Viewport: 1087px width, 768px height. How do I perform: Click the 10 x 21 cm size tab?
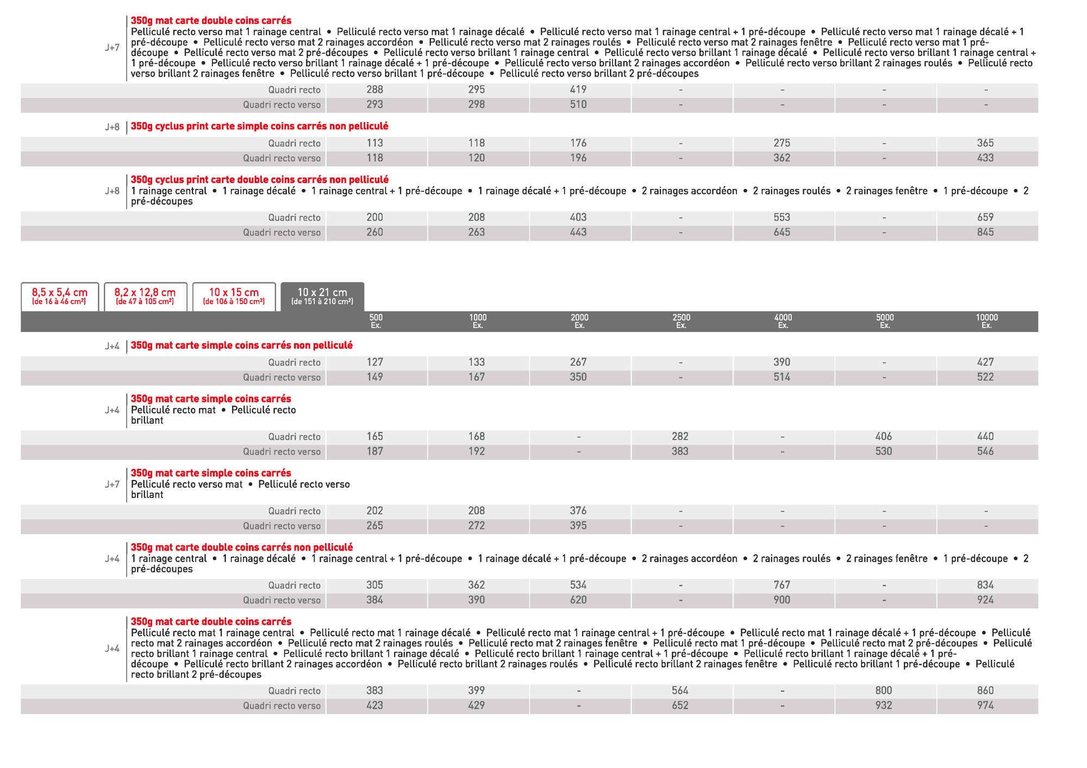pos(322,296)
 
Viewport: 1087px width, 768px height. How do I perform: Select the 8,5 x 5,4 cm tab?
pos(60,296)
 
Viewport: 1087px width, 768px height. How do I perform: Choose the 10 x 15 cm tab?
pos(234,296)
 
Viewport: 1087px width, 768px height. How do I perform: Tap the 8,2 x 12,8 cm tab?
pos(145,296)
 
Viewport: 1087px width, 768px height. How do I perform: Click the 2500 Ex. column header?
pos(681,321)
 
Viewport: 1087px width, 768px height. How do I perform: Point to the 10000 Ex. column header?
pos(986,321)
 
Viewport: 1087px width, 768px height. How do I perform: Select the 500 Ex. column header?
pos(376,321)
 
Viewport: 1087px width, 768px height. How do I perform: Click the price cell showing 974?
pos(985,706)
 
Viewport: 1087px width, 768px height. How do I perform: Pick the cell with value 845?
pos(985,232)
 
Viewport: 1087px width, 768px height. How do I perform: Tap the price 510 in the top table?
pos(578,104)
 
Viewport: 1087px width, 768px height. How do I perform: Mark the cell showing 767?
pos(782,585)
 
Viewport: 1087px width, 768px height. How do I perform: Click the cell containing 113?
pos(374,143)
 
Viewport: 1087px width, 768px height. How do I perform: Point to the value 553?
pos(782,217)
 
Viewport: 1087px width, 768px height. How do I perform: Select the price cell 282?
pos(680,437)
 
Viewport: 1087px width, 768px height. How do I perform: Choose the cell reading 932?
pos(884,706)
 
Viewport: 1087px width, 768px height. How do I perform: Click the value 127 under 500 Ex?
pos(374,362)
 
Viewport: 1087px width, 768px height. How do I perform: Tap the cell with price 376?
pos(578,511)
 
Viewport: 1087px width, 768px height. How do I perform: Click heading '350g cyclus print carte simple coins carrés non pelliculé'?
pos(259,126)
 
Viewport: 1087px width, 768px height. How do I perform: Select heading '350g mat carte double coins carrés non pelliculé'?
pos(241,547)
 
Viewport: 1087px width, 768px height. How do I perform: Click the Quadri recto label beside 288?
pos(294,90)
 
